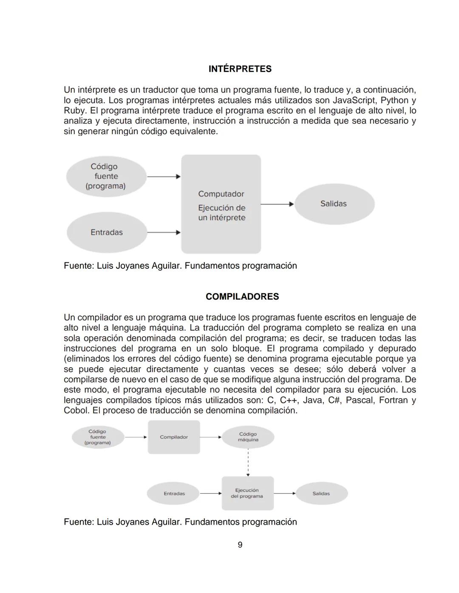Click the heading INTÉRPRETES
[x=240, y=69]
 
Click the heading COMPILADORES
[x=242, y=296]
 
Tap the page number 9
[x=240, y=545]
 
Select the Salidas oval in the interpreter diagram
[x=334, y=204]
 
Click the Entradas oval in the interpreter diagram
[x=107, y=232]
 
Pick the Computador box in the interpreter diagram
[x=221, y=204]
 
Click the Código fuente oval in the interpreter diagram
[x=106, y=176]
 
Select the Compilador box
[x=174, y=437]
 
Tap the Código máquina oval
[x=248, y=437]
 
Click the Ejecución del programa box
[x=247, y=493]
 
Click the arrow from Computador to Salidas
[x=277, y=204]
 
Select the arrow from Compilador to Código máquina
[x=211, y=437]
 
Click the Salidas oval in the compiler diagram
[x=321, y=493]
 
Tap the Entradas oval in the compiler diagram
[x=174, y=493]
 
